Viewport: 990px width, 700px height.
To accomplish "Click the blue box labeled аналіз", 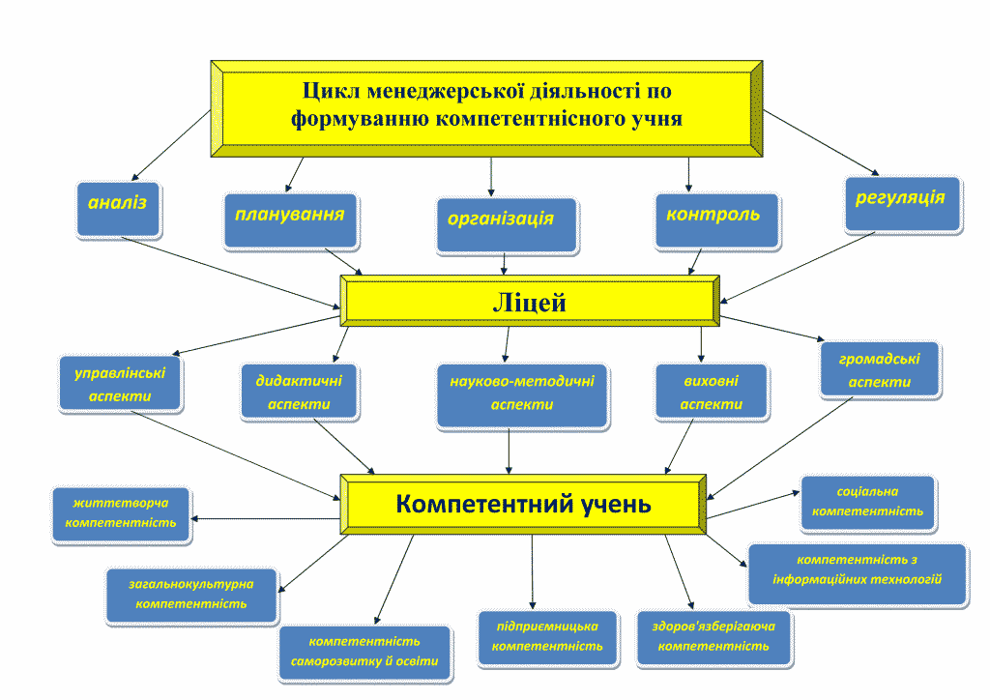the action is pos(119,210).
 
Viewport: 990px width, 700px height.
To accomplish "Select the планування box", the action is pos(291,220).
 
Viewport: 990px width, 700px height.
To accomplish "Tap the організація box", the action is pos(507,226).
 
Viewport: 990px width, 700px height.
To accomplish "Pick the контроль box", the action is pos(717,220).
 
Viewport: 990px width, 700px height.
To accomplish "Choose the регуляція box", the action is pos(903,205).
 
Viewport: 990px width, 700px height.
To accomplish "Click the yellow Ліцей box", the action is pos(530,301).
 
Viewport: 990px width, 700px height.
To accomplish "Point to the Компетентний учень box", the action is pos(523,505).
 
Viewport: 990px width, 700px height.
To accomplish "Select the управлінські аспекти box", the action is pos(121,384).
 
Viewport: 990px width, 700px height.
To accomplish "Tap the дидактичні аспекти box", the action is pos(300,392).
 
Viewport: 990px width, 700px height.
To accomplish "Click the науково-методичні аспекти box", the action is pos(523,396).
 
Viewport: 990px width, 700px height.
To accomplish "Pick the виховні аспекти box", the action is pos(712,392).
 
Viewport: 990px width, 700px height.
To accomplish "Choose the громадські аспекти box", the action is pos(880,370).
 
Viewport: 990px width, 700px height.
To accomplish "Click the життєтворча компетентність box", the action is pos(121,514).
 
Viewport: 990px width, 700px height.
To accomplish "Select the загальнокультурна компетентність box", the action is pos(192,596).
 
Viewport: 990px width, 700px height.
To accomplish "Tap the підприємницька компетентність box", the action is pos(548,637).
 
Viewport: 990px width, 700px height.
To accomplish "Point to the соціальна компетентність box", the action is pos(868,503).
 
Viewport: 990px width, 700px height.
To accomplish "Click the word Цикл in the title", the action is pos(332,92).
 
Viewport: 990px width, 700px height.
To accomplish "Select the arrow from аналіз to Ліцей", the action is pos(231,274).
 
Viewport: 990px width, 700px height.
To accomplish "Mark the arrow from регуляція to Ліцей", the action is pos(797,268).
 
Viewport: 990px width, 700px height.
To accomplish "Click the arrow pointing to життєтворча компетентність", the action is pos(265,519).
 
